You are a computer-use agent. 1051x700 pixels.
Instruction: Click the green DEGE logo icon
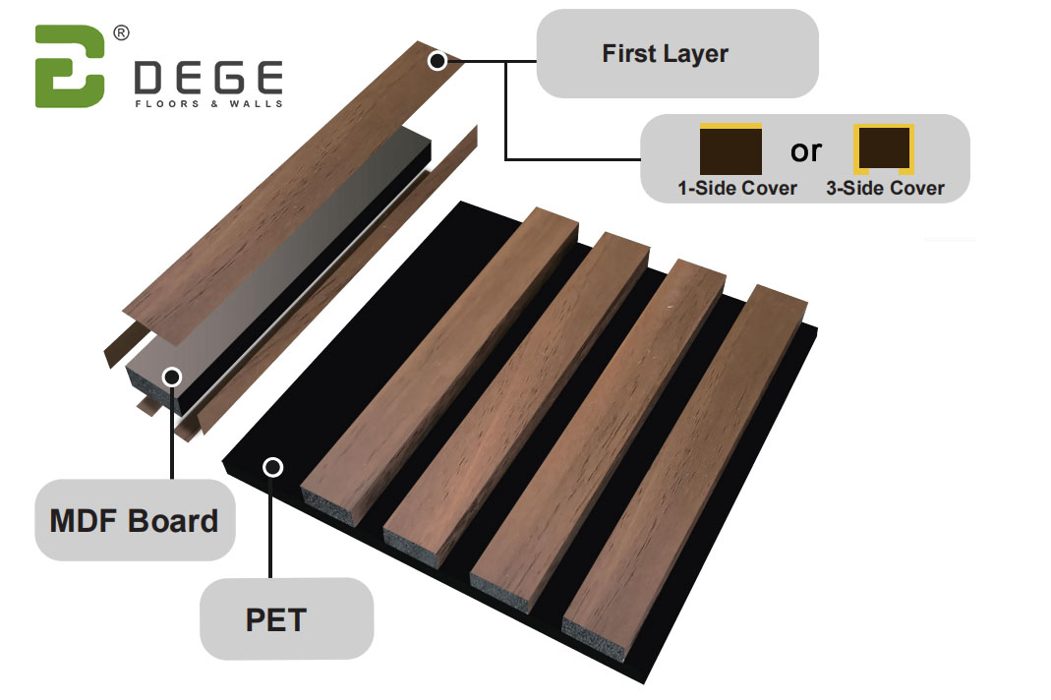pos(69,66)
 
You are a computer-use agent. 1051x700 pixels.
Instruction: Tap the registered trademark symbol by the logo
pos(121,32)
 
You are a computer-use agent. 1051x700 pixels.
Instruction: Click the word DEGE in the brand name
pos(207,78)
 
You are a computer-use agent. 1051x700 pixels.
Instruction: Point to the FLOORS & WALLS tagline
pos(208,103)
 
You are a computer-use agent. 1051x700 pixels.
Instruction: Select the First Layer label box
pos(676,53)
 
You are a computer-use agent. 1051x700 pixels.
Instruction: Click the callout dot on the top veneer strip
pos(438,61)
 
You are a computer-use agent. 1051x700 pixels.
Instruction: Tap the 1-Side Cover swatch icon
pos(730,149)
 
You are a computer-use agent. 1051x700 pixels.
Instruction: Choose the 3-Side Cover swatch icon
pos(883,149)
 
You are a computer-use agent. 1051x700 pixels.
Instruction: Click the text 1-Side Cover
pos(736,188)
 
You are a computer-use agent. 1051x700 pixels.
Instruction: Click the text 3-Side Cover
pos(885,188)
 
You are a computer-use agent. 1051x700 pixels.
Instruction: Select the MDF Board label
pos(135,520)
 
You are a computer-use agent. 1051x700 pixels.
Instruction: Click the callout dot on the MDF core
pos(172,376)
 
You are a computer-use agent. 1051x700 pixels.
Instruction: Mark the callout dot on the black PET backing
pos(272,467)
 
